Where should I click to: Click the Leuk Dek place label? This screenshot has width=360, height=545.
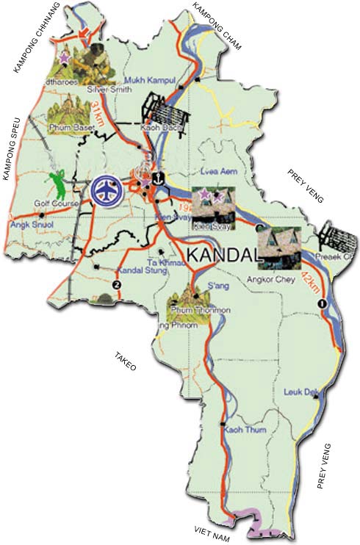tap(298, 391)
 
